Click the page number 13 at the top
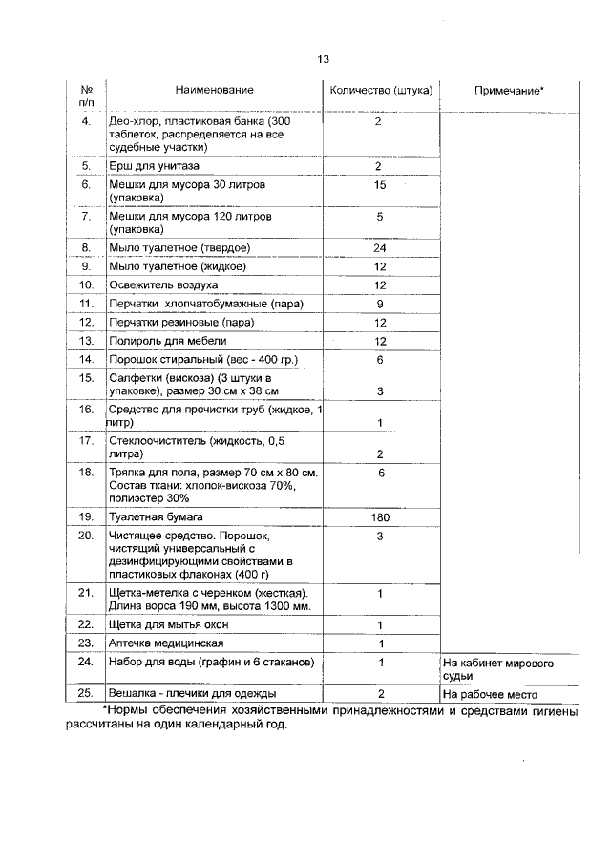(323, 59)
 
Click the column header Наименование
(215, 90)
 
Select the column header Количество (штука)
(380, 90)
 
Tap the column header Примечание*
(509, 90)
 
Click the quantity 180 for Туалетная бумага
(380, 516)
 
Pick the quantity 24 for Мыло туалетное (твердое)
(380, 248)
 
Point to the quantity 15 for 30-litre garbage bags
(380, 184)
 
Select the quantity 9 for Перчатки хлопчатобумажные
(380, 304)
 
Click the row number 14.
(86, 359)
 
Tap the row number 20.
(86, 536)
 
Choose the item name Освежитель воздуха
(163, 285)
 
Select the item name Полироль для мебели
(168, 341)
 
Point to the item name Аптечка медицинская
(164, 643)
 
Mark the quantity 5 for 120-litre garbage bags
(380, 217)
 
